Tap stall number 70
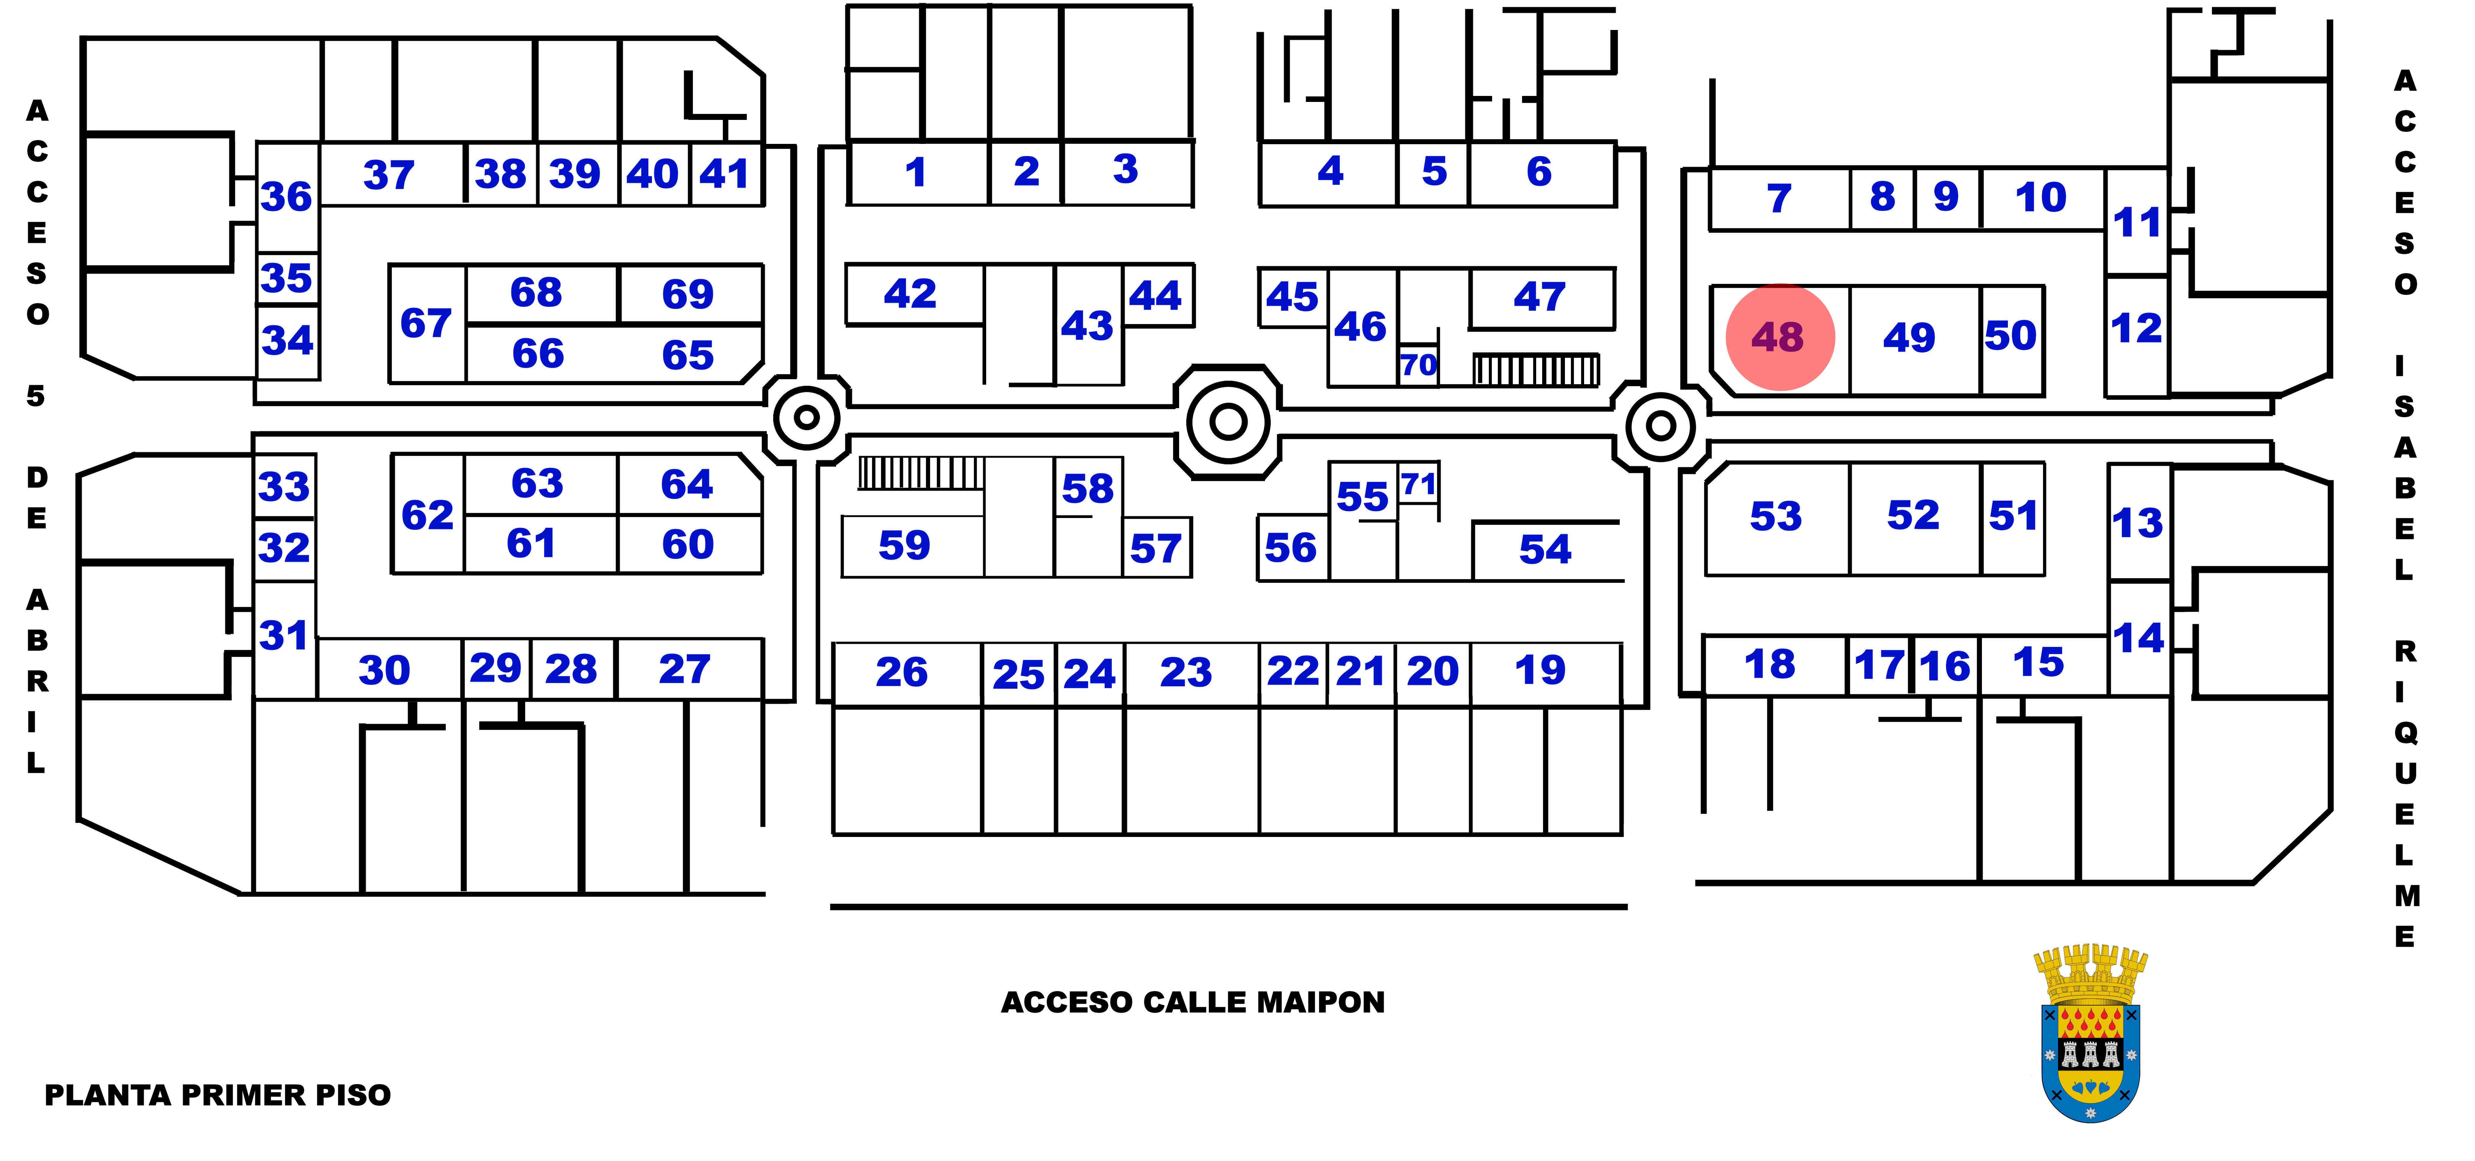click(x=1418, y=365)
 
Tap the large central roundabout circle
click(x=1228, y=421)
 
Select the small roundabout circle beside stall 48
click(x=1660, y=425)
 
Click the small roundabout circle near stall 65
click(x=807, y=417)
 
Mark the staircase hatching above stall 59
click(x=921, y=473)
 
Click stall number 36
click(x=286, y=197)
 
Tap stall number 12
click(x=2137, y=329)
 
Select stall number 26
click(x=901, y=672)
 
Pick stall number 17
click(x=1879, y=665)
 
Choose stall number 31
click(x=283, y=635)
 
